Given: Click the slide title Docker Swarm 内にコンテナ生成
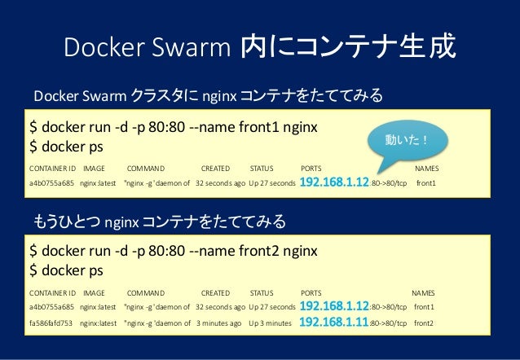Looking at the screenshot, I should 259,48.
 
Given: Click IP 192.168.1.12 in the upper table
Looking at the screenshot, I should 335,182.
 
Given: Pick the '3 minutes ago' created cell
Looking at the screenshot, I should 218,323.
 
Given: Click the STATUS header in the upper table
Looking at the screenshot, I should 262,168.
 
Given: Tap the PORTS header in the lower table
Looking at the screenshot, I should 311,292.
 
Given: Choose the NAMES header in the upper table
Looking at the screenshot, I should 426,168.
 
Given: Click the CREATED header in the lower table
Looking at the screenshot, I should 215,292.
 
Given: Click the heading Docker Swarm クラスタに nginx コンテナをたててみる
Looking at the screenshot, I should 207,98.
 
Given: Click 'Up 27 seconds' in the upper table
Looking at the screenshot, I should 272,182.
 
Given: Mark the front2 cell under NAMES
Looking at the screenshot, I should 424,323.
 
